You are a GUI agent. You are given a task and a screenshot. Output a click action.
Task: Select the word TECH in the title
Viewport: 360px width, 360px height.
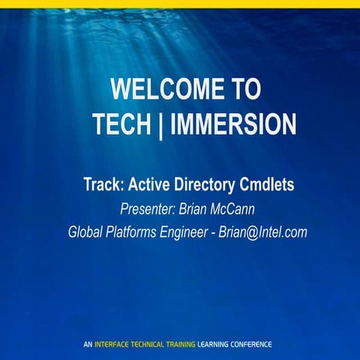tap(124, 123)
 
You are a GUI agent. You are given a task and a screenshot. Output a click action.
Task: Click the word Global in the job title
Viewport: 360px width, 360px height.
tap(88, 232)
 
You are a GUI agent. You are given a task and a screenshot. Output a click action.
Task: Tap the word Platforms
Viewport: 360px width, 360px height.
tap(139, 232)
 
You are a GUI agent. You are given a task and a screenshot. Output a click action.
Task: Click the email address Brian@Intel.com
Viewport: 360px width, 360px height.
tap(263, 232)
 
